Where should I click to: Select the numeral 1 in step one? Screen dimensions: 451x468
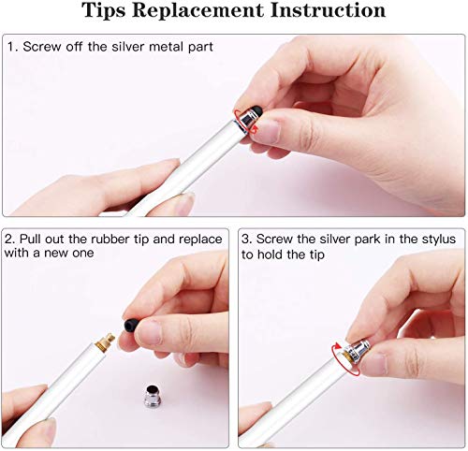click(11, 47)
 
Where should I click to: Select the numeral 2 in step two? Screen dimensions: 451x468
click(11, 240)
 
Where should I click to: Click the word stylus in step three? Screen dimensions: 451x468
click(433, 240)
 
